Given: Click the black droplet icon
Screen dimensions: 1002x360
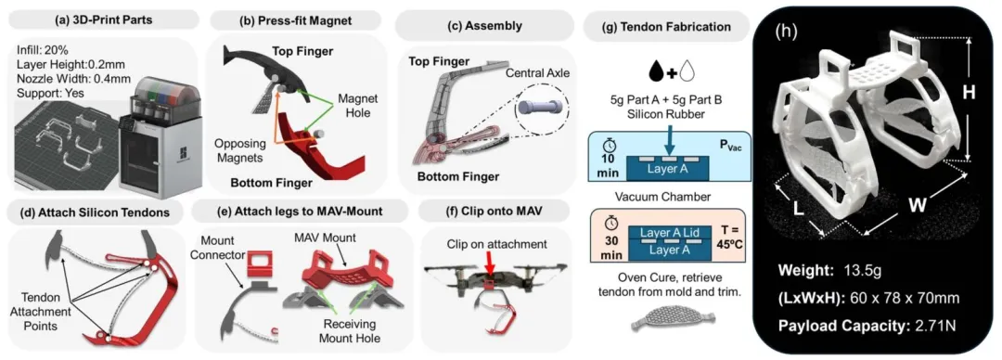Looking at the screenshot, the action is click(x=657, y=70).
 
